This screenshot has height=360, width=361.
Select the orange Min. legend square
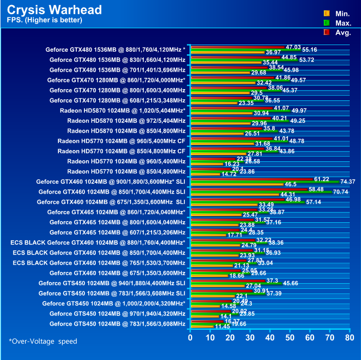click(x=326, y=13)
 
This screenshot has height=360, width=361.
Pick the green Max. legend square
click(x=326, y=23)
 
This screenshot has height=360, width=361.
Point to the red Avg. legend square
click(x=326, y=33)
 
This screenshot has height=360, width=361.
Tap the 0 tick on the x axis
click(x=190, y=338)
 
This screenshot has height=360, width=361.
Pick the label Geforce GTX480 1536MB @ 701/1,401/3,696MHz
click(x=117, y=70)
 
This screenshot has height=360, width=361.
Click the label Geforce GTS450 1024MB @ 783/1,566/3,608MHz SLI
click(x=112, y=293)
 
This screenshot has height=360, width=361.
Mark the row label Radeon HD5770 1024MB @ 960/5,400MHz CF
click(x=121, y=141)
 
